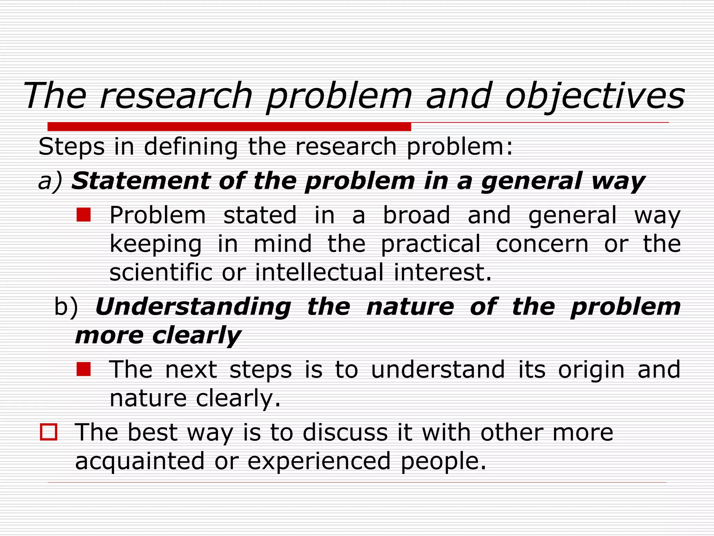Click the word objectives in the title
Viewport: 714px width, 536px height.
pos(595,96)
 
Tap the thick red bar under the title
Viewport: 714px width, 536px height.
pos(229,126)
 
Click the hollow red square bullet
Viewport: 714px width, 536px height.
pos(48,432)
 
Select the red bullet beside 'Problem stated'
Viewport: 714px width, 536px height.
pos(84,215)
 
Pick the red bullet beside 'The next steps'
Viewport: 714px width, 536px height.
pos(84,369)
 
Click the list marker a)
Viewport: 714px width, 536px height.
pos(50,181)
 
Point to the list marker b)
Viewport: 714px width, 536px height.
pos(66,307)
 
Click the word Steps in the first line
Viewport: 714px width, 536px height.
pos(71,147)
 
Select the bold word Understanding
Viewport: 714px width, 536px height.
pos(193,307)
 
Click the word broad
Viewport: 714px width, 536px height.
pos(416,215)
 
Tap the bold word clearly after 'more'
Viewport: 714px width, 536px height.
pos(197,336)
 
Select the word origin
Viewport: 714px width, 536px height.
pos(591,370)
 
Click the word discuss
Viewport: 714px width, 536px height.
pos(345,433)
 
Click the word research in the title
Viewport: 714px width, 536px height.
pos(176,96)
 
